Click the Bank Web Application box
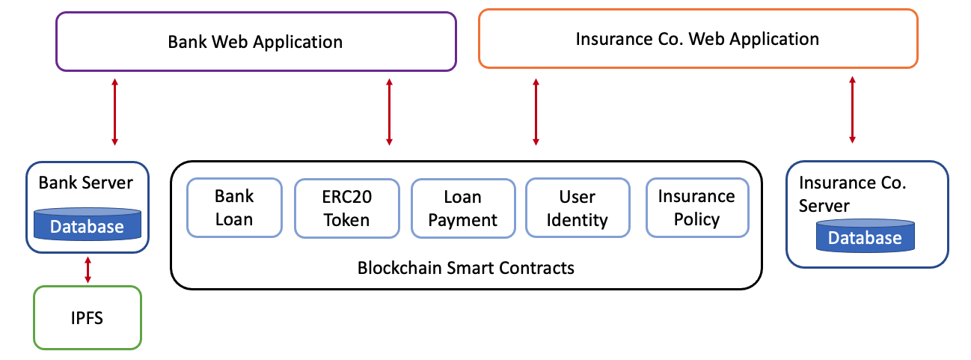tap(256, 42)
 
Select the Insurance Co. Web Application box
tap(698, 39)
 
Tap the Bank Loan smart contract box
tap(234, 208)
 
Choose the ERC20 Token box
tap(347, 208)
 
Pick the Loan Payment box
tap(463, 208)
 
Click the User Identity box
tap(578, 208)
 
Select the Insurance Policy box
tap(697, 208)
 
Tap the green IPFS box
tap(87, 317)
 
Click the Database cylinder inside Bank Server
tap(87, 225)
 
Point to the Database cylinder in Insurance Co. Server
tap(866, 236)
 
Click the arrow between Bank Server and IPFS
tap(88, 269)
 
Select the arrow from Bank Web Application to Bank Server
tap(115, 112)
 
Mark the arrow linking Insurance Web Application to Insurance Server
tap(852, 110)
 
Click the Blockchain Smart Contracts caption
tap(466, 268)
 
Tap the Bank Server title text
tap(86, 183)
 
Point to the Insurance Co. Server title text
tap(853, 194)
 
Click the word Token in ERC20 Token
tap(346, 220)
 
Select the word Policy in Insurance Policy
tap(696, 219)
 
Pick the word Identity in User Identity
tap(577, 220)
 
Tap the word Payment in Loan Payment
tap(462, 220)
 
